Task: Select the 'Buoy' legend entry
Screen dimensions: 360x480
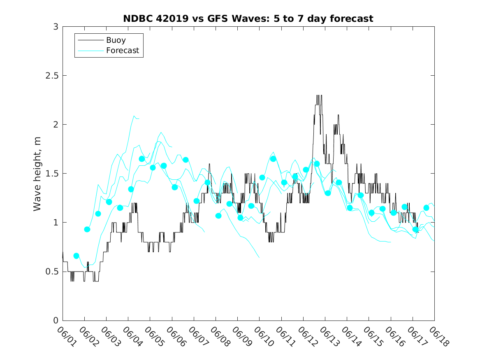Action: tap(116, 40)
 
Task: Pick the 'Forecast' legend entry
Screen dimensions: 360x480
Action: tap(122, 51)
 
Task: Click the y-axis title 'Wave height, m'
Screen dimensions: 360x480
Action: tap(37, 174)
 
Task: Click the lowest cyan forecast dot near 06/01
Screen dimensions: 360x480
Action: tap(76, 256)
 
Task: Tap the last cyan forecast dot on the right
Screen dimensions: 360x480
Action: tap(427, 208)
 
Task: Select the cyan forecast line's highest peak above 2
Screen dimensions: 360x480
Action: tap(134, 116)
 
